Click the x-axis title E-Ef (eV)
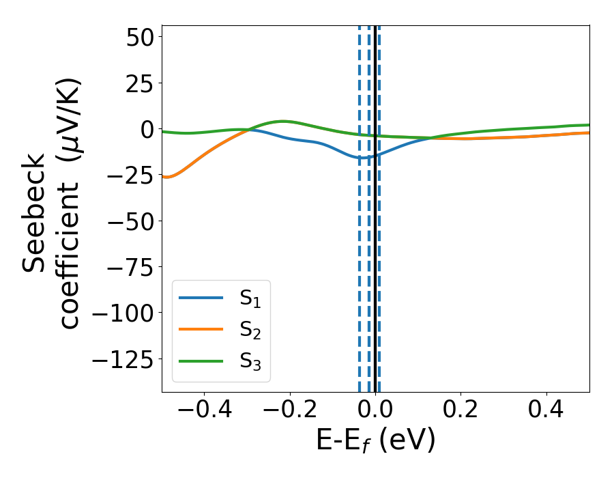coord(376,441)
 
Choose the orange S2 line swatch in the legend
coord(201,329)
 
